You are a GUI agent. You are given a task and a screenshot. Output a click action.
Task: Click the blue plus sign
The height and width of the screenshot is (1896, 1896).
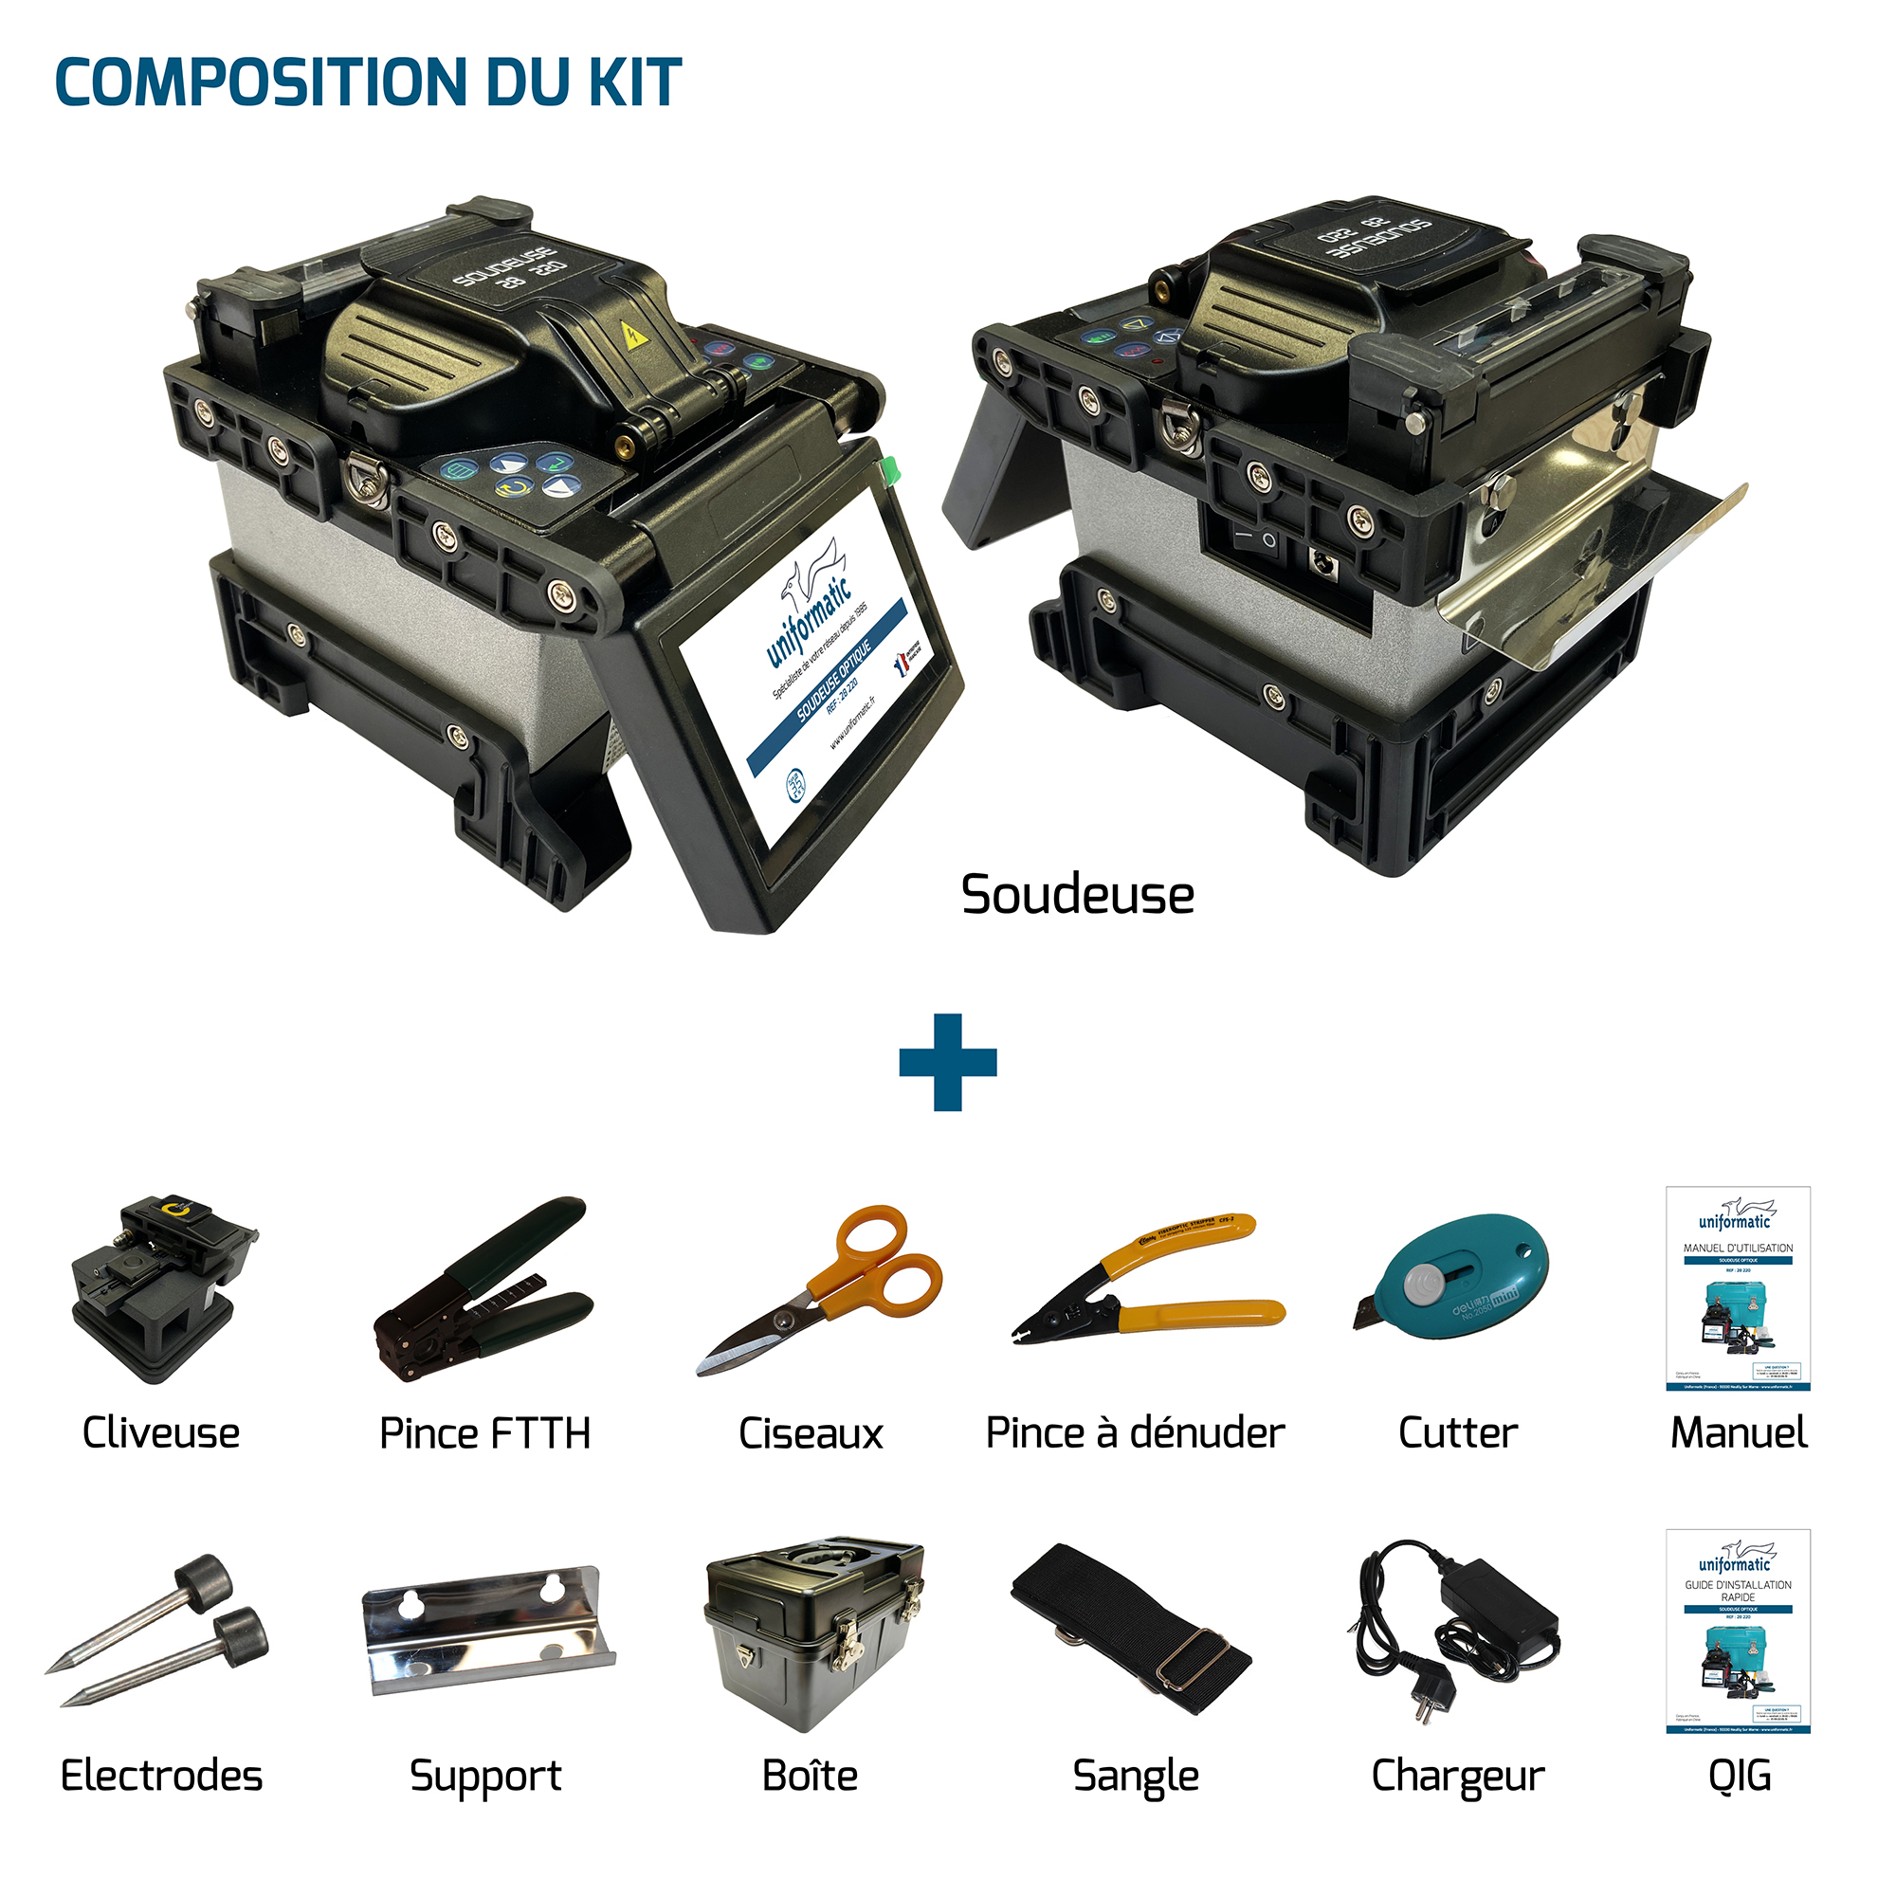[948, 1062]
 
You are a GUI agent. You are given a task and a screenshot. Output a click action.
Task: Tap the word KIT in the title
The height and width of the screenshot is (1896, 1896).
[634, 82]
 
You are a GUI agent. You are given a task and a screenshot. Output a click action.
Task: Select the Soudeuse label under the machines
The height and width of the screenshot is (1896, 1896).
[1078, 895]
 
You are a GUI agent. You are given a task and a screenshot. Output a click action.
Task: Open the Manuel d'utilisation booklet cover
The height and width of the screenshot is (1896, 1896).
[1737, 1288]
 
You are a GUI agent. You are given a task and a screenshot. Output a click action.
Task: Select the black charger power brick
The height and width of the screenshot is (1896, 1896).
[1502, 1610]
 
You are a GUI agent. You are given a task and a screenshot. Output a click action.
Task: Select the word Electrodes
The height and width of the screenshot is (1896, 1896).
[161, 1777]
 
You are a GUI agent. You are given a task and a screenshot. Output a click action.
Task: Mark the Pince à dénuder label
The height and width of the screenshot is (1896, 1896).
[1135, 1433]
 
